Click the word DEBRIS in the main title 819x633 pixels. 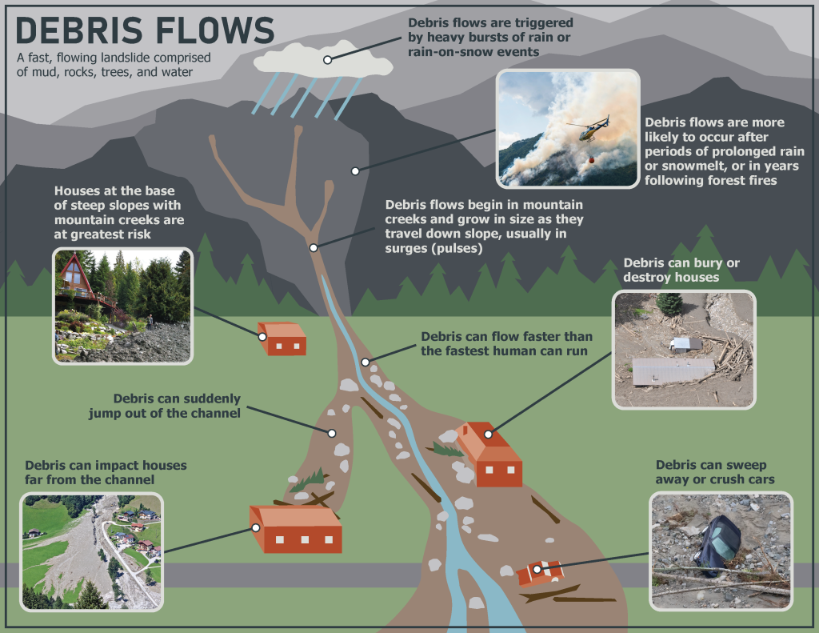pyautogui.click(x=77, y=31)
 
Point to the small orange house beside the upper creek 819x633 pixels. pyautogui.click(x=282, y=339)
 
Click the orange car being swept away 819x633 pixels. pyautogui.click(x=541, y=572)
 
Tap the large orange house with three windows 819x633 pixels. pyautogui.click(x=296, y=530)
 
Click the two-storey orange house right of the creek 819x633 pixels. pyautogui.click(x=490, y=456)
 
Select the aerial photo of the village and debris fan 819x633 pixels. pyautogui.click(x=92, y=551)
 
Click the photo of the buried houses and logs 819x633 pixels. pyautogui.click(x=683, y=350)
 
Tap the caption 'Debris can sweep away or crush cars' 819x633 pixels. pyautogui.click(x=714, y=472)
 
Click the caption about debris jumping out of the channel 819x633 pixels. pyautogui.click(x=177, y=406)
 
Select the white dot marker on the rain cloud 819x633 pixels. pyautogui.click(x=328, y=60)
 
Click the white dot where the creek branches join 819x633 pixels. pyautogui.click(x=314, y=247)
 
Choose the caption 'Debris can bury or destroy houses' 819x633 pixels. pyautogui.click(x=671, y=270)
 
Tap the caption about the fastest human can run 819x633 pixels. pyautogui.click(x=505, y=343)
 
